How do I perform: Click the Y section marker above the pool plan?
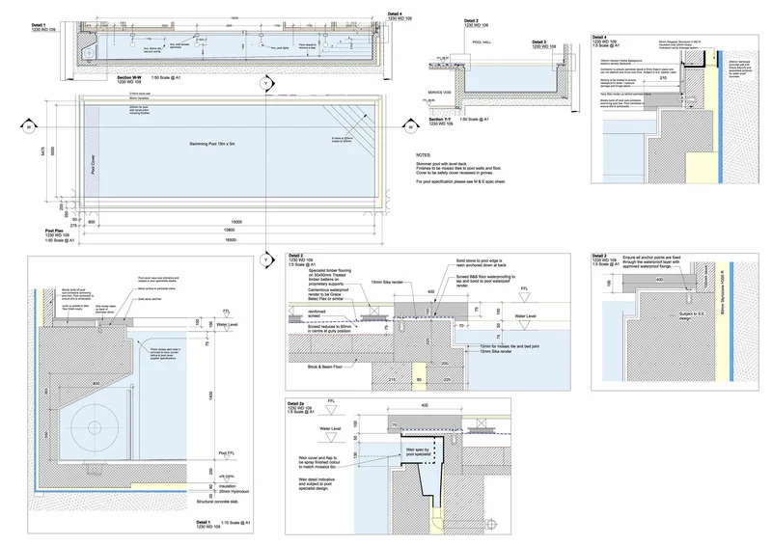[262, 86]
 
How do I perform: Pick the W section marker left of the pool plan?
[29, 126]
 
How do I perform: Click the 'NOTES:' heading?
[423, 155]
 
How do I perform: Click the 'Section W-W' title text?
[130, 76]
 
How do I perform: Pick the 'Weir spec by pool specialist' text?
[418, 451]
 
